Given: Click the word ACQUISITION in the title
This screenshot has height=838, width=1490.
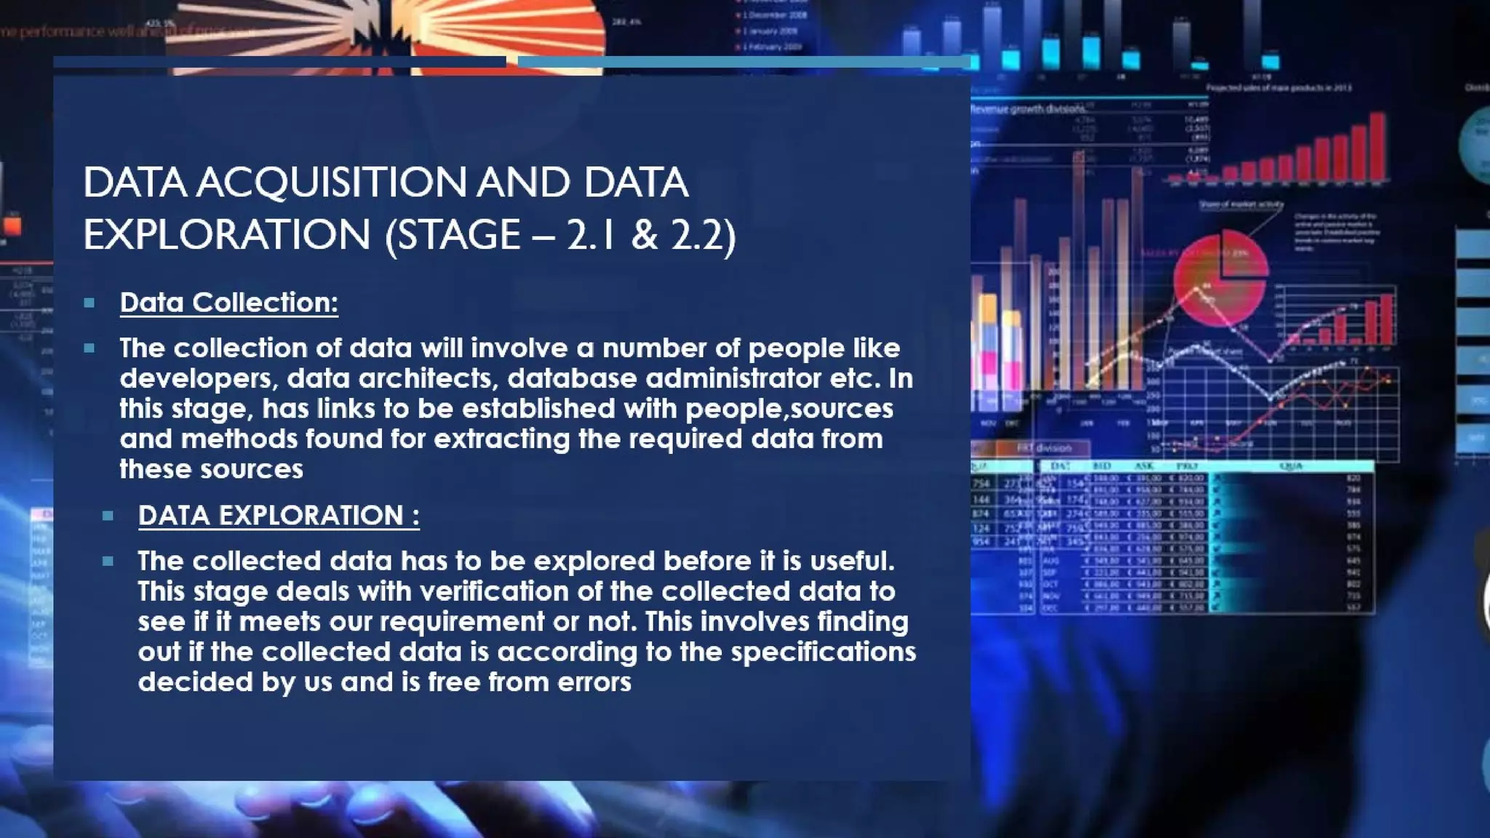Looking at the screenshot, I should coord(331,182).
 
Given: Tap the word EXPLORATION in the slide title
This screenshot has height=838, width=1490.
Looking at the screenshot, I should coord(227,235).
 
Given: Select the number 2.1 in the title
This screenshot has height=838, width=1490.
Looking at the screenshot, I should coord(591,235).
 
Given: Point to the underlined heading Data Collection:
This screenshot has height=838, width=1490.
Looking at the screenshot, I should coord(228,303).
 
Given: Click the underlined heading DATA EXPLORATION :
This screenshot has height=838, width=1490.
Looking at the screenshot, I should coord(279,516).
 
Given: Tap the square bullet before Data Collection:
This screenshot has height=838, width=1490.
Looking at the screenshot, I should coord(89,303).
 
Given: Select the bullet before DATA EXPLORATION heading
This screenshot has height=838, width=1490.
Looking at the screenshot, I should coord(108,516).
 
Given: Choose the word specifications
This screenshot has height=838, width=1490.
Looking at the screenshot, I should coord(823,652).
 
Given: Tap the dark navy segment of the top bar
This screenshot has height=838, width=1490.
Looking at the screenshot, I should coord(279,63).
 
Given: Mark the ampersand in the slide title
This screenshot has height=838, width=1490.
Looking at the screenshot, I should coord(644,235).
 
